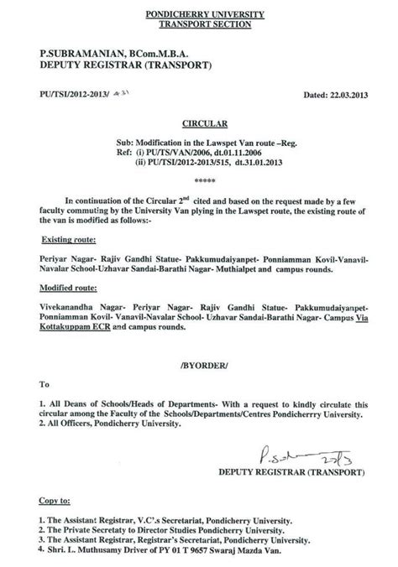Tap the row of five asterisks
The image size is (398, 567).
[198, 180]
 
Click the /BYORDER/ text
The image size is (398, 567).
[198, 366]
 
